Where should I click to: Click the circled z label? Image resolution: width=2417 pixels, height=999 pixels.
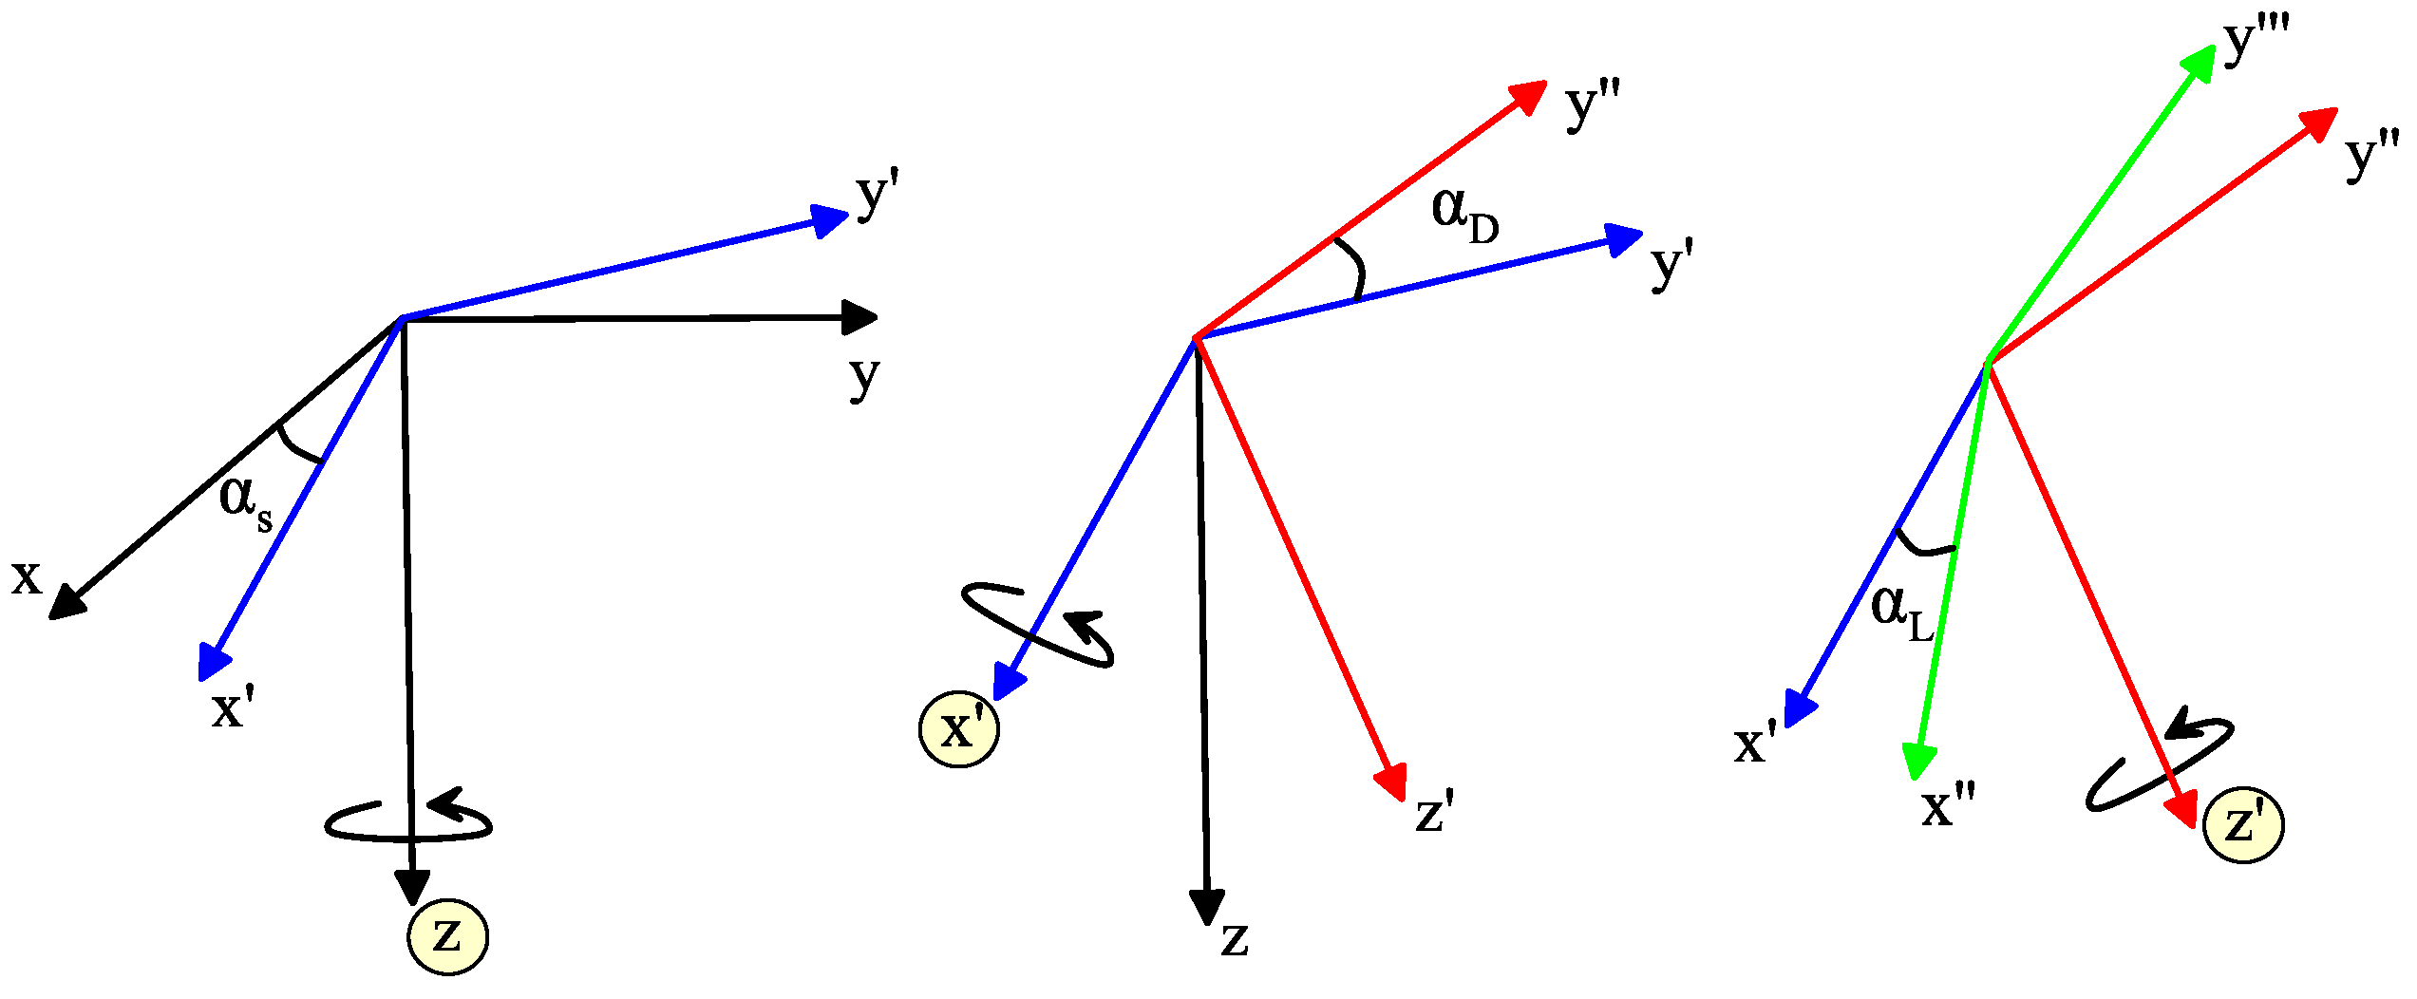447,937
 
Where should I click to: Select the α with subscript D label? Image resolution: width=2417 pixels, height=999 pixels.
1463,215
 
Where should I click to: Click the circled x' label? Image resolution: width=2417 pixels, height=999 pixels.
959,729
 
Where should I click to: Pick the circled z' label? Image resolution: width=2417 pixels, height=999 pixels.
2243,823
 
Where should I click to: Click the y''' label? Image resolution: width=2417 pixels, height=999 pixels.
2256,42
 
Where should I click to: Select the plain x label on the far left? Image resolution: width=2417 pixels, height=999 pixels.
27,577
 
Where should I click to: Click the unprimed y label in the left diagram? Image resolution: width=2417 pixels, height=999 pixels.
864,377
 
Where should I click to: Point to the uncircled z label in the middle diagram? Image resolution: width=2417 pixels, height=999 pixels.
1235,939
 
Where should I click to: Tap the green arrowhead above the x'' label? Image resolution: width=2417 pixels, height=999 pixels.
1919,762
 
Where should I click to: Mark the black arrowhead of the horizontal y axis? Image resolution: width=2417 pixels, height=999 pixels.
859,318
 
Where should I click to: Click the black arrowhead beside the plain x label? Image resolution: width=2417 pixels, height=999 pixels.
66,603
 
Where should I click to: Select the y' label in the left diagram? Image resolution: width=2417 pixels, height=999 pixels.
877,195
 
